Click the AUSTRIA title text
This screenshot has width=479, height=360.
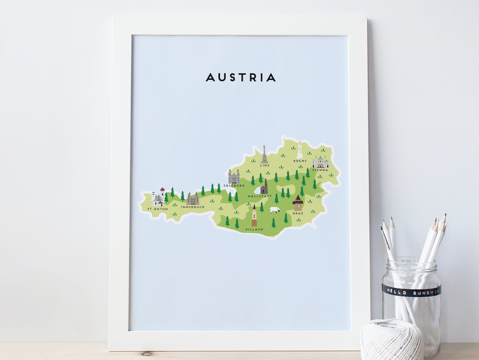[x=240, y=77]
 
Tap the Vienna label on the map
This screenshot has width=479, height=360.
[x=320, y=170]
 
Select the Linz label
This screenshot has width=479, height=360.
[x=264, y=166]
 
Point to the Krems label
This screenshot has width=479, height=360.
[x=300, y=161]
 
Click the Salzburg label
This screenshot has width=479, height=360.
[x=234, y=185]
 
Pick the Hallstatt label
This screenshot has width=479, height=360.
[x=260, y=196]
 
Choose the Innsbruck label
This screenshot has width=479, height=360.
[x=193, y=207]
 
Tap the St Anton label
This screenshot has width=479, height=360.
[x=158, y=208]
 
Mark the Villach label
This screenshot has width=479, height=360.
[x=255, y=229]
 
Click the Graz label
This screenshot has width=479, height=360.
[x=298, y=213]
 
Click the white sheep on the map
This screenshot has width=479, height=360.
[x=275, y=210]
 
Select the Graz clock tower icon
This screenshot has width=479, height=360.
[x=298, y=202]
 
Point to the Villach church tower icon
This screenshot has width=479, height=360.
[x=254, y=216]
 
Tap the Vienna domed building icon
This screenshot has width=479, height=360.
[x=320, y=162]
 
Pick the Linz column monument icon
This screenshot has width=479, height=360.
[x=264, y=155]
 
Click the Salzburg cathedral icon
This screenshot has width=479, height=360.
[x=234, y=176]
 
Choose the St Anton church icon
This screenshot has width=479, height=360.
[x=158, y=197]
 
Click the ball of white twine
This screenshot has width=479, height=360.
[x=392, y=339]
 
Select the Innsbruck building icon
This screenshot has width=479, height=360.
[x=193, y=199]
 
